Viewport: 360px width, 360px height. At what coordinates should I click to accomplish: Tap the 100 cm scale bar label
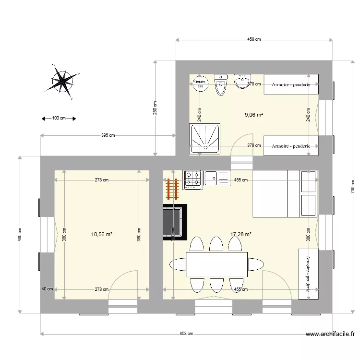click(x=59, y=118)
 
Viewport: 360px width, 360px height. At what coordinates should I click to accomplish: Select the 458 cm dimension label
click(x=254, y=40)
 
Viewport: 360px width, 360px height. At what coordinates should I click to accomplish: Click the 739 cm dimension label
click(x=352, y=186)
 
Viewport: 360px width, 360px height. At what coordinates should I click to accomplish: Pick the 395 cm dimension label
click(x=108, y=135)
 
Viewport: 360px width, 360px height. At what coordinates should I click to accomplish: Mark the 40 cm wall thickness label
click(x=47, y=289)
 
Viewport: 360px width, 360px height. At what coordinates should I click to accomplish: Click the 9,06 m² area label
click(x=254, y=115)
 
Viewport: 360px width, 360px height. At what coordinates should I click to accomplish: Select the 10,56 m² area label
click(x=101, y=235)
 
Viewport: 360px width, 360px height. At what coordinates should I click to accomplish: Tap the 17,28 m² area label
click(x=240, y=235)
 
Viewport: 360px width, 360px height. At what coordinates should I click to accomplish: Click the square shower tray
click(x=206, y=138)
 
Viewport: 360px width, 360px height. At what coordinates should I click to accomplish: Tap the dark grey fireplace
click(x=174, y=221)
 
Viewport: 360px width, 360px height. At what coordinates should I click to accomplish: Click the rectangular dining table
click(x=216, y=264)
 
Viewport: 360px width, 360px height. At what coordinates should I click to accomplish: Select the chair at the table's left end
click(x=177, y=264)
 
